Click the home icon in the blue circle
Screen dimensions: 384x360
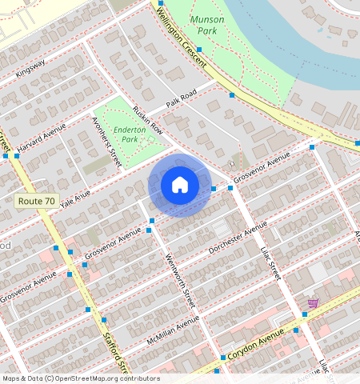[x=180, y=186]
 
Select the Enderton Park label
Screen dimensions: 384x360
[x=129, y=134]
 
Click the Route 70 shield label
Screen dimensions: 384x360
[x=36, y=202]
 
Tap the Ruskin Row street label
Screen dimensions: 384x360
[x=148, y=119]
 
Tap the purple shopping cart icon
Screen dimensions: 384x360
[x=313, y=303]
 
